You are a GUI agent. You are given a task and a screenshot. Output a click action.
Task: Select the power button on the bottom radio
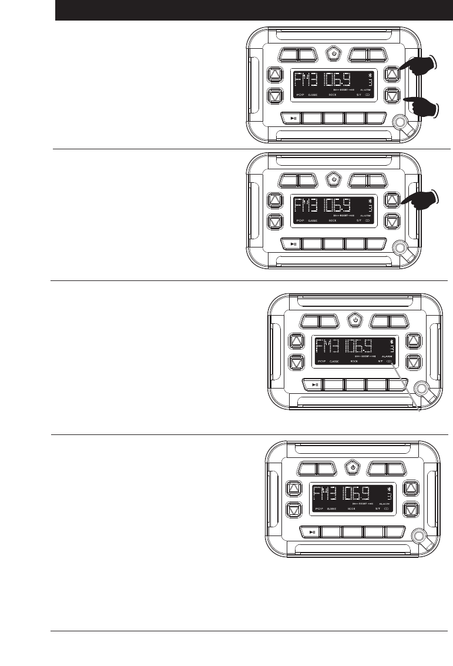coord(353,468)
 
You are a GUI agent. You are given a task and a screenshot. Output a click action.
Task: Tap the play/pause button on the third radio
coord(315,385)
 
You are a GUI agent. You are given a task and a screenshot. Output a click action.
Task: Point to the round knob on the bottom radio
coord(419,536)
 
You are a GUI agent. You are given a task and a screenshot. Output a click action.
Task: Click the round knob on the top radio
coord(400,121)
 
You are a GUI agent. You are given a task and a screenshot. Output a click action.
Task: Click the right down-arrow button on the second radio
coord(392,222)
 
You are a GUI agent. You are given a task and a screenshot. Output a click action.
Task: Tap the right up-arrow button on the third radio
coord(414,342)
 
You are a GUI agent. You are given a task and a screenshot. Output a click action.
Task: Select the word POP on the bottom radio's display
coord(320,508)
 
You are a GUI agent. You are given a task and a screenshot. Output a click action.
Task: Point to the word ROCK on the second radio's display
coord(333,220)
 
